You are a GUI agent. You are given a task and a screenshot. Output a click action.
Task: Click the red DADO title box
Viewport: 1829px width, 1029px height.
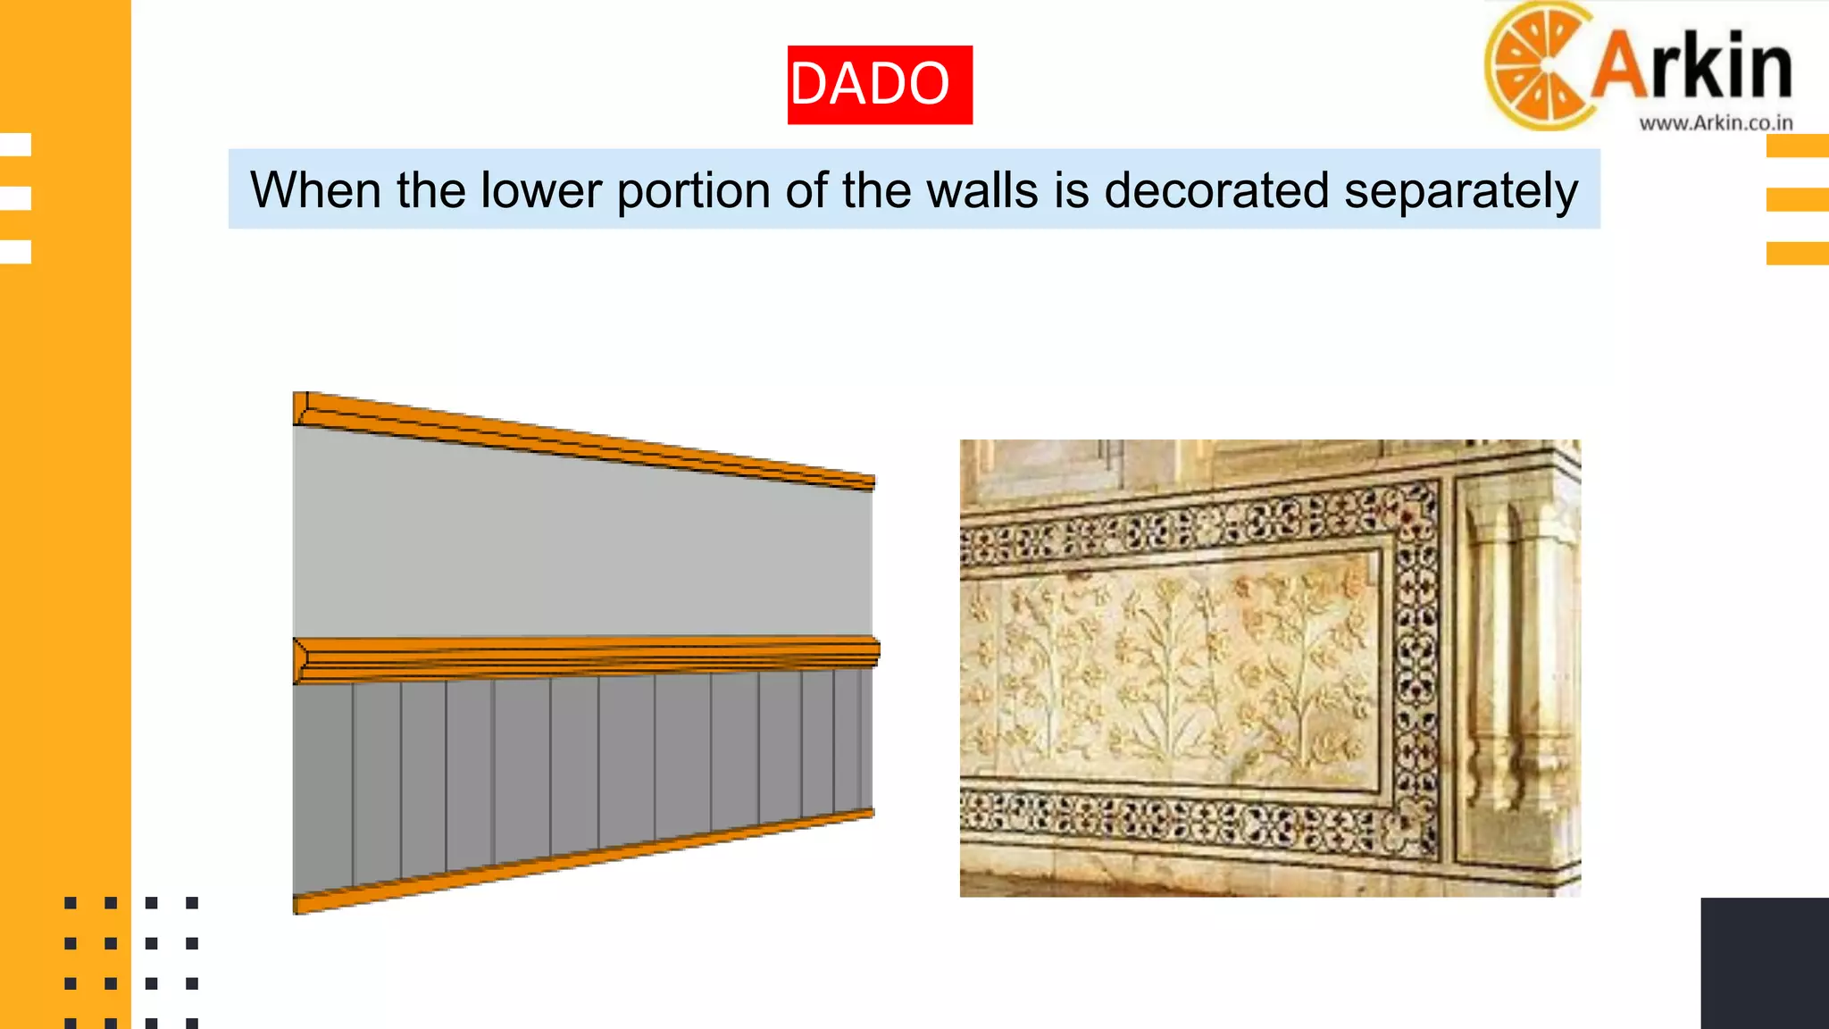tap(880, 85)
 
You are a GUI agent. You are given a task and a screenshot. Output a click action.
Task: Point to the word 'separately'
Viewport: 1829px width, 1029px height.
tap(1461, 192)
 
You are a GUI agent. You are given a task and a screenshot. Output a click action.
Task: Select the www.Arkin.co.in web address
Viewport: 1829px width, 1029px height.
tap(1716, 123)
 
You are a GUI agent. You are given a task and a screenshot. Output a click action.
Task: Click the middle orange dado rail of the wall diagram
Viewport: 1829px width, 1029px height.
tap(585, 659)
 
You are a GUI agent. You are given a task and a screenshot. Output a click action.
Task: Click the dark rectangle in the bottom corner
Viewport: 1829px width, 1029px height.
tap(1765, 963)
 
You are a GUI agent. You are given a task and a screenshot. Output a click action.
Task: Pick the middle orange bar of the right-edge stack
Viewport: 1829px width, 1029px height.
tap(1797, 199)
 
